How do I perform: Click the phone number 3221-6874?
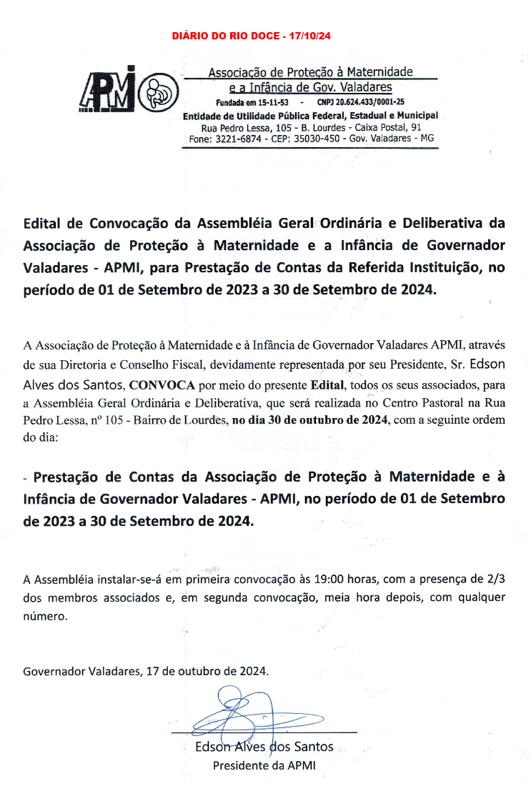241,138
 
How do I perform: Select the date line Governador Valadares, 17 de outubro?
146,672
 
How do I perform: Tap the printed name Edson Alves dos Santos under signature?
264,747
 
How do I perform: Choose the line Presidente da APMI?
264,765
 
